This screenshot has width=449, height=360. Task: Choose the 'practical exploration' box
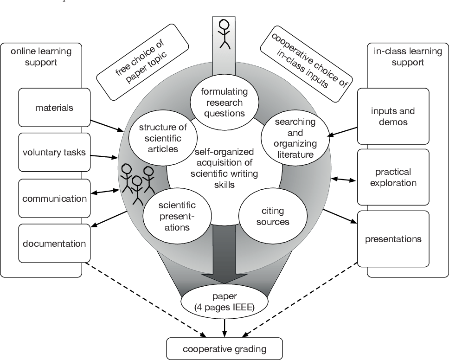pyautogui.click(x=393, y=177)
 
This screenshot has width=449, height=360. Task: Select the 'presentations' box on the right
pyautogui.click(x=393, y=239)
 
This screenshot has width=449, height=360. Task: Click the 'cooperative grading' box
pyautogui.click(x=224, y=348)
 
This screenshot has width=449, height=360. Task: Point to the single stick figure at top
pyautogui.click(x=224, y=33)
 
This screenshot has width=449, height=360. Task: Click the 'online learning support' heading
pyautogui.click(x=41, y=56)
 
